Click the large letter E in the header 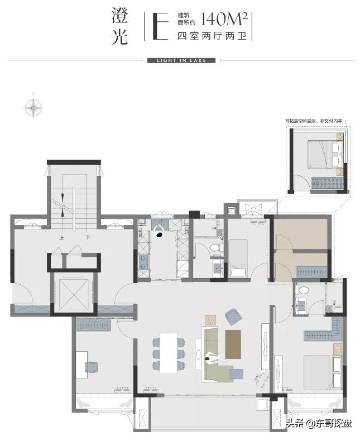(159, 26)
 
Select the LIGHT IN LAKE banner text (180, 60)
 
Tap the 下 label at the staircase (88, 237)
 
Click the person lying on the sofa (214, 358)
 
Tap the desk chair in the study (92, 366)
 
